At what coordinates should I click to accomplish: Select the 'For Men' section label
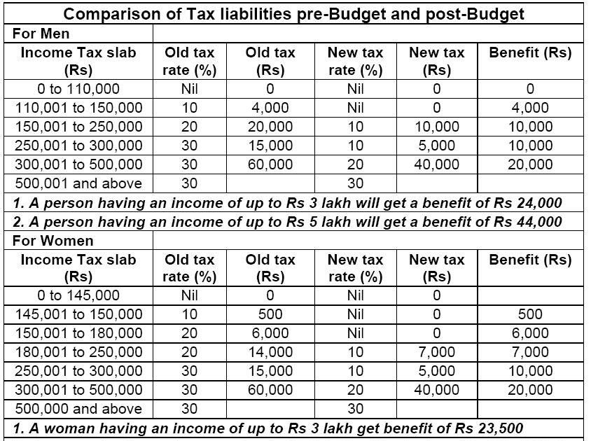pos(41,34)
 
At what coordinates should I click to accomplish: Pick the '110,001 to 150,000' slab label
pos(79,108)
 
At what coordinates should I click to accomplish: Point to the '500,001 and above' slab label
pos(79,183)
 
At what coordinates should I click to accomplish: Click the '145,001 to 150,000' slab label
pos(79,314)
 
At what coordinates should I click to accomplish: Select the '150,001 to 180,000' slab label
pos(79,333)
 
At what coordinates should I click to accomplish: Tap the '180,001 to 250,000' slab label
pos(79,352)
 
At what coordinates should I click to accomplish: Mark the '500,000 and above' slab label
pos(79,409)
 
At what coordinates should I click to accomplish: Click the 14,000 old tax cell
pos(270,352)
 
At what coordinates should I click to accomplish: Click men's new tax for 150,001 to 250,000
pos(437,127)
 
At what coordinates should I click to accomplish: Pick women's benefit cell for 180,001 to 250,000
pos(530,352)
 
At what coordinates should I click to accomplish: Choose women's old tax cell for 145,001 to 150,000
pos(270,314)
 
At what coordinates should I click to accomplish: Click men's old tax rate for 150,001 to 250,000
pos(190,127)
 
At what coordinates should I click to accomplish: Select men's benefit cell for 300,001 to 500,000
pos(530,164)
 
